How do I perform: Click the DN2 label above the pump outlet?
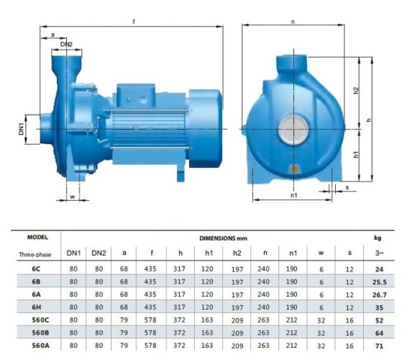[x=66, y=45]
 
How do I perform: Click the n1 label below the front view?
[x=293, y=194]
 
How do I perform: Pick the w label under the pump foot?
[x=72, y=195]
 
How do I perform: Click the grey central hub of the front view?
[x=294, y=129]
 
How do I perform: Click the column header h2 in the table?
[x=237, y=253]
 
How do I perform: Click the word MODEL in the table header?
[x=37, y=236]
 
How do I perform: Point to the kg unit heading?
[x=377, y=236]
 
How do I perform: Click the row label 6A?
[x=36, y=295]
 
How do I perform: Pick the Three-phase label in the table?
[x=36, y=254]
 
